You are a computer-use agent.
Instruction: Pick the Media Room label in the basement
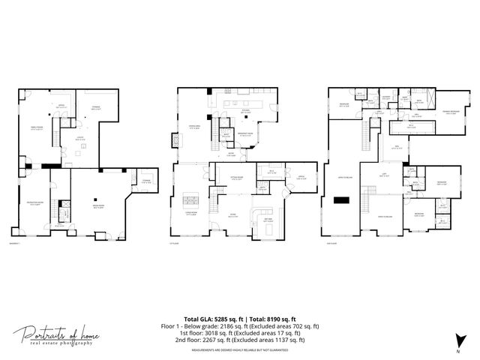point(97,208)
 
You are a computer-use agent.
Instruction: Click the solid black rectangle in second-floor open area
point(341,200)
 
